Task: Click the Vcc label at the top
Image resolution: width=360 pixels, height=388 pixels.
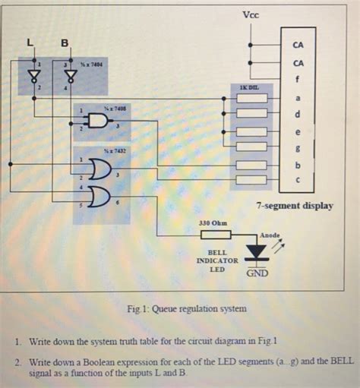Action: pos(250,15)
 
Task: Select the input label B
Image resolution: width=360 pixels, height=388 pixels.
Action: pos(65,43)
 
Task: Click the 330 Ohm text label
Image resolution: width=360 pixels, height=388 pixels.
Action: pos(213,223)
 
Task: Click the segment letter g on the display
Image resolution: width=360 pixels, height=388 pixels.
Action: pos(298,147)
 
